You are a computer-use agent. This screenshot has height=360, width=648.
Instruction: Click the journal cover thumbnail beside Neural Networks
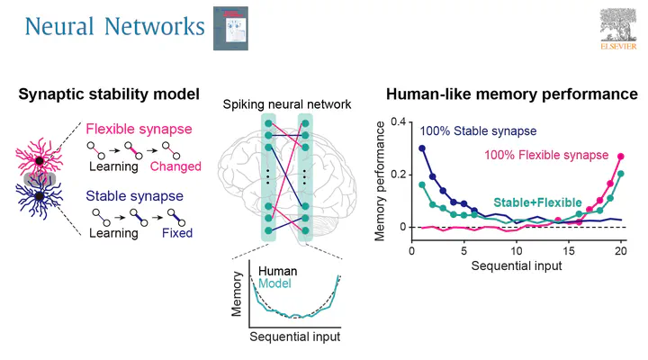point(230,29)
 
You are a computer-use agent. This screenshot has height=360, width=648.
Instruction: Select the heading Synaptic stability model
point(109,94)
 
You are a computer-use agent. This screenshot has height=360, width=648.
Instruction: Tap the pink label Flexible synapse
point(139,129)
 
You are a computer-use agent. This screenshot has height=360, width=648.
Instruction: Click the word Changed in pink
point(175,166)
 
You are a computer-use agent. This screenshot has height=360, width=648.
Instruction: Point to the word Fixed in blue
point(177,233)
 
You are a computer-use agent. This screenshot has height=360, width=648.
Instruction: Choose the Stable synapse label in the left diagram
point(134,196)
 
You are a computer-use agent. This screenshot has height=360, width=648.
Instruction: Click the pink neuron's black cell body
point(40,161)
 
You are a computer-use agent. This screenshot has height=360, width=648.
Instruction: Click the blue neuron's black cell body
point(40,196)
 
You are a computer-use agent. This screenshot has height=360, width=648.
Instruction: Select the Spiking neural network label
point(287,104)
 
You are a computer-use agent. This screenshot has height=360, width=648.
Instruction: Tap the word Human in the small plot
point(278,271)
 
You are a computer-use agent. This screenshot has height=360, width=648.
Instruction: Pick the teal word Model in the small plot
point(274,283)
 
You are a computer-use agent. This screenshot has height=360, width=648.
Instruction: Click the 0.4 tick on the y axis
point(399,121)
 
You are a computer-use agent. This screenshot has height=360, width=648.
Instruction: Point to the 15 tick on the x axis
point(569,251)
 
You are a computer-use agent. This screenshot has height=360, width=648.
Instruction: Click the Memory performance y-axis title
point(380,182)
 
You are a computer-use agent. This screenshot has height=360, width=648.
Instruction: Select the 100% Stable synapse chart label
point(478,131)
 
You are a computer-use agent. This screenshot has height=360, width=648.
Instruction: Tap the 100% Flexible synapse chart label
point(546,155)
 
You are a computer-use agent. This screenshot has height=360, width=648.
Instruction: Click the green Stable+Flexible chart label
point(537,202)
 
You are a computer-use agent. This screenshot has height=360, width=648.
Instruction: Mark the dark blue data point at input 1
point(422,148)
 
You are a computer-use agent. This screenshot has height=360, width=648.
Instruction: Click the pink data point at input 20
point(621,157)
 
